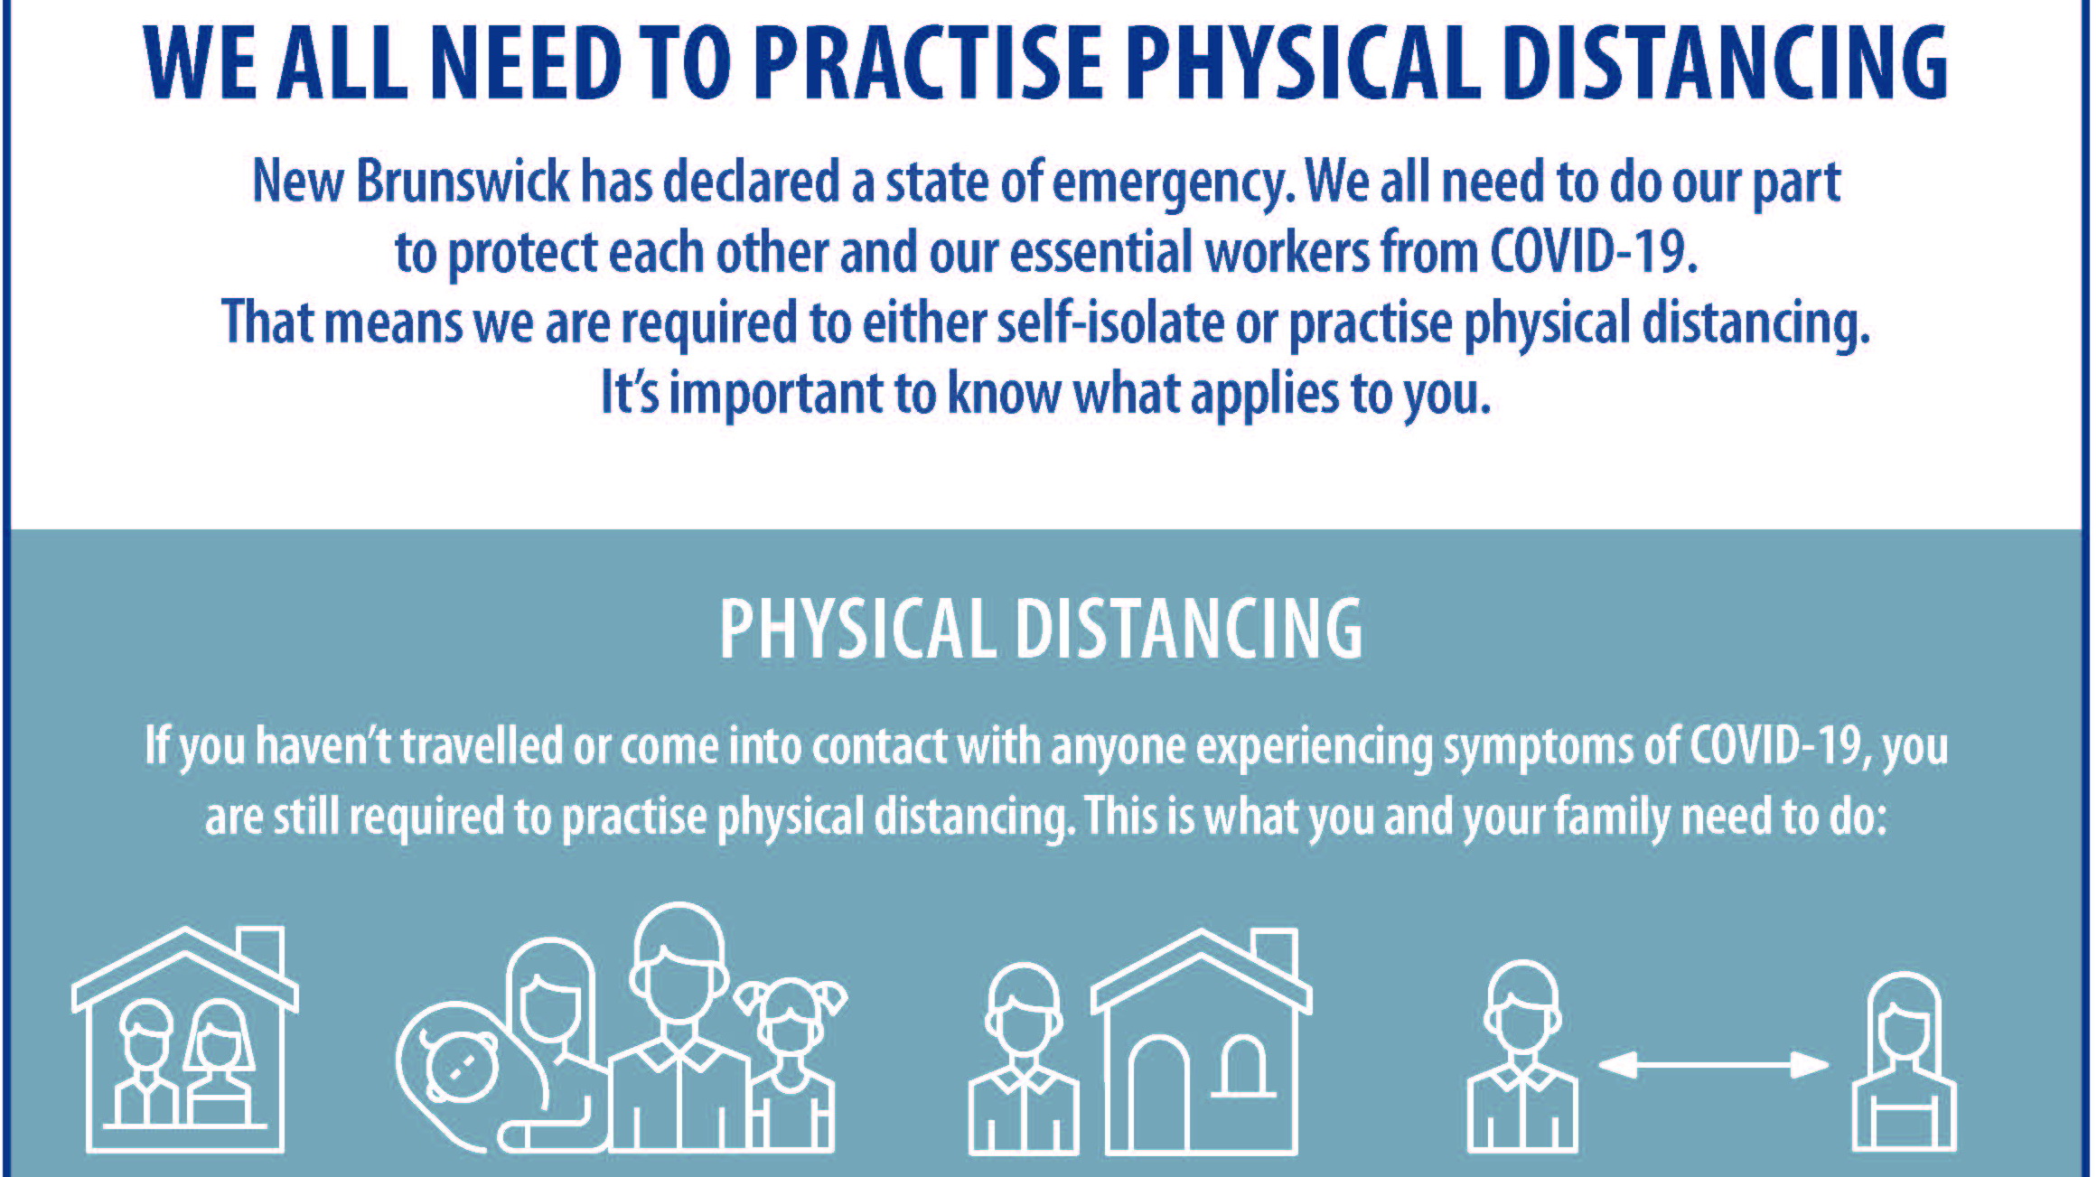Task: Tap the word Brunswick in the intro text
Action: (x=463, y=182)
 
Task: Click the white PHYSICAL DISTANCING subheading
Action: (x=1041, y=629)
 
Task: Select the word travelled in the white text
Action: (x=482, y=746)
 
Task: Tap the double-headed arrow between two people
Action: (x=1713, y=1065)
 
